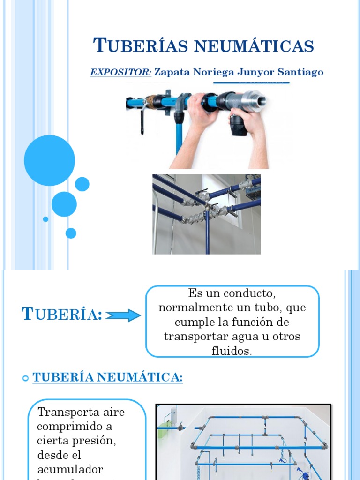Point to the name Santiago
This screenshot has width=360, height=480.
point(300,72)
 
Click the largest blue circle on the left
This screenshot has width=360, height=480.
point(49,160)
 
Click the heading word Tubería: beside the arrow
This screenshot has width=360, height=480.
point(62,315)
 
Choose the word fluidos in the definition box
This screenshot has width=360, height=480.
point(232,351)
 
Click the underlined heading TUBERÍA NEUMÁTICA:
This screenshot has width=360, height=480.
point(107,377)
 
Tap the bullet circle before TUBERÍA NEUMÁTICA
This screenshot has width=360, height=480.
point(26,378)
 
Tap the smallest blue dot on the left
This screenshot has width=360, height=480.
point(45,219)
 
